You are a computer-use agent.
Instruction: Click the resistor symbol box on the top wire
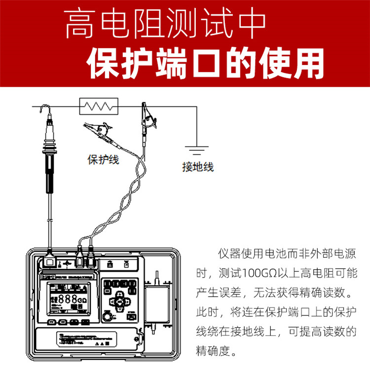coord(99,105)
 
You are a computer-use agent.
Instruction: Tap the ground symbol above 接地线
coord(196,149)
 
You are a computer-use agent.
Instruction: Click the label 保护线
coord(103,160)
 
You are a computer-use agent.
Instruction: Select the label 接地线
coord(198,167)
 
